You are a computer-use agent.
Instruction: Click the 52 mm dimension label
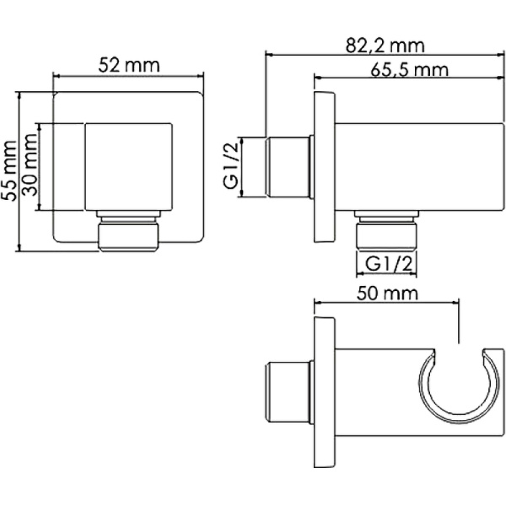tap(129, 65)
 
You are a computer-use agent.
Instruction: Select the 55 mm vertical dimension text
tap(8, 171)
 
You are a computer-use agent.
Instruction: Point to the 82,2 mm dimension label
tap(385, 46)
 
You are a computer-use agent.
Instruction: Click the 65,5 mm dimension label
tap(409, 69)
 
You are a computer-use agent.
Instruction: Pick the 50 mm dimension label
tap(387, 293)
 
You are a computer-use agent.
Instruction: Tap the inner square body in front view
tap(128, 167)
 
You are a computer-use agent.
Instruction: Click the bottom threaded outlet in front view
tap(129, 231)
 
